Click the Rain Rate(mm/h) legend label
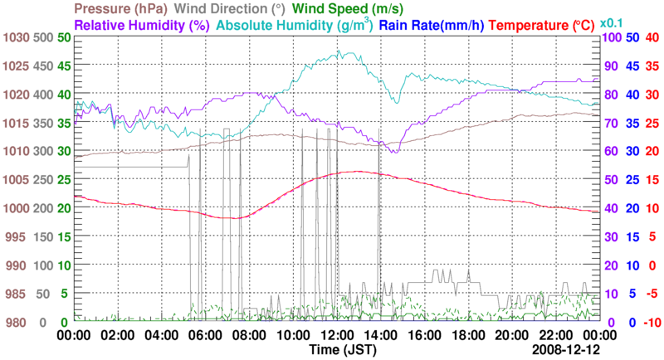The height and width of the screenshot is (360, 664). tap(432, 25)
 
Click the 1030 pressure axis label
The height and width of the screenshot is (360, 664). tap(16, 38)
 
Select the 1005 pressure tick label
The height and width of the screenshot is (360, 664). tap(16, 180)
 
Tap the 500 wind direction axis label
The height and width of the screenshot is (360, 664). tap(43, 38)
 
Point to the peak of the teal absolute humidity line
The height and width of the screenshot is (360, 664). tap(339, 51)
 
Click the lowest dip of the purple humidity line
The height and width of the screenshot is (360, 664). tap(393, 152)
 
